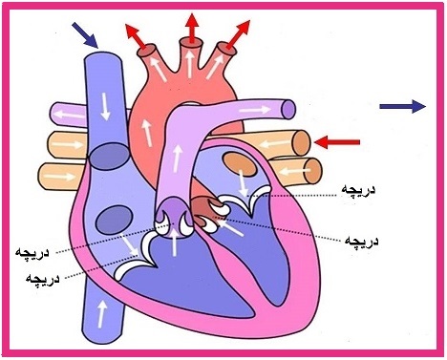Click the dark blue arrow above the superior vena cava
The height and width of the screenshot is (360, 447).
(x=85, y=35)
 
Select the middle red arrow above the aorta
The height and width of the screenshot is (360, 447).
(x=192, y=28)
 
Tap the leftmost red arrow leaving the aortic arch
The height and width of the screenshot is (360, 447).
(x=136, y=36)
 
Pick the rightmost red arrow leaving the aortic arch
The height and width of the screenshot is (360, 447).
(x=239, y=34)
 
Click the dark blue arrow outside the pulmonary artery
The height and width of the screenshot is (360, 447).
(x=403, y=106)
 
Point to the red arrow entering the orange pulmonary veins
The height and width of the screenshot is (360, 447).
(x=337, y=142)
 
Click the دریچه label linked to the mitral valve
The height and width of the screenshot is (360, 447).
(x=358, y=190)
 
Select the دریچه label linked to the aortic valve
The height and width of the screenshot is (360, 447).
(x=362, y=241)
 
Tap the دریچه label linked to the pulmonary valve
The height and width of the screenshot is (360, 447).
(x=32, y=253)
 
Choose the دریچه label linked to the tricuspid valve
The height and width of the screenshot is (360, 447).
(x=43, y=279)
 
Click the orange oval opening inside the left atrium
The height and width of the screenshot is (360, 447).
(x=240, y=164)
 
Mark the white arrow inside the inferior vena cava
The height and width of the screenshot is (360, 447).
(x=101, y=314)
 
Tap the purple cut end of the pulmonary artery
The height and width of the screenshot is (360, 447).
(x=289, y=109)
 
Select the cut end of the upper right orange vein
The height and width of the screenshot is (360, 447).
(x=302, y=143)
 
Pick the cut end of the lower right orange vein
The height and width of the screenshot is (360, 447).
(x=313, y=171)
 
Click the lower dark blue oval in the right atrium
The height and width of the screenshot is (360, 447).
(x=115, y=220)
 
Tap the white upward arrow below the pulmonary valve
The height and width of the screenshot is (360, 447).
(x=174, y=243)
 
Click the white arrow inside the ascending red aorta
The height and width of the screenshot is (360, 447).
(x=147, y=133)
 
